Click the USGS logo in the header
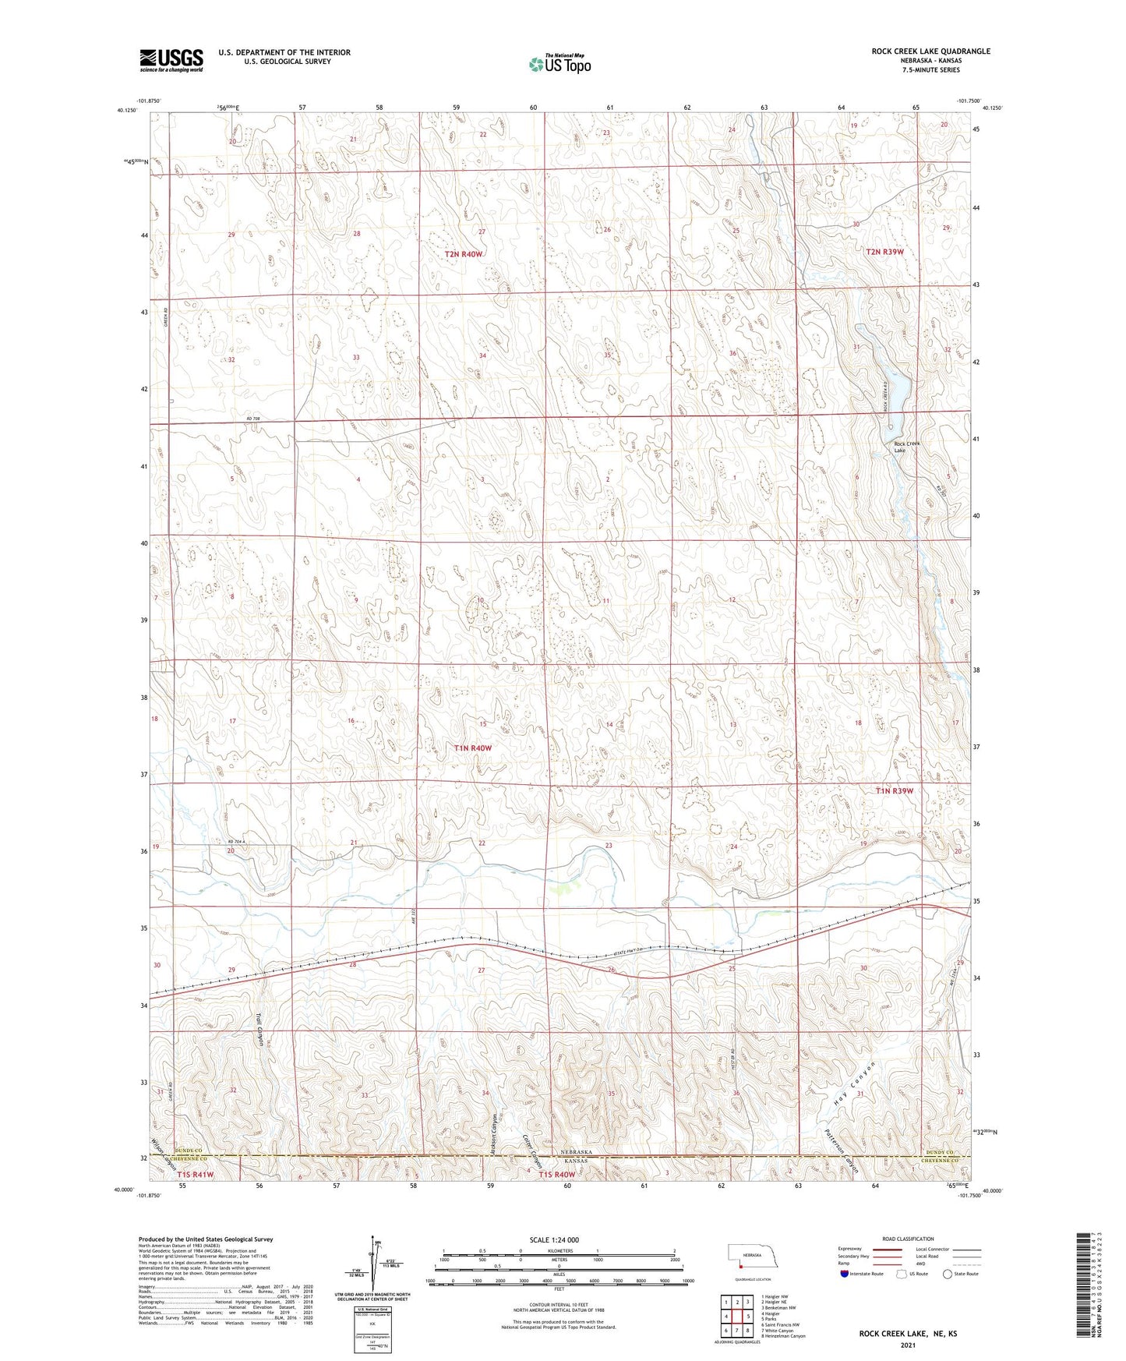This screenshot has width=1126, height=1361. click(x=171, y=60)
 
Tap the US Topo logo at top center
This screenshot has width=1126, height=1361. click(x=559, y=64)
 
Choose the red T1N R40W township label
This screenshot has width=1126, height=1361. click(x=473, y=748)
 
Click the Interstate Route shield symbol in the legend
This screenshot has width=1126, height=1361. click(x=845, y=1274)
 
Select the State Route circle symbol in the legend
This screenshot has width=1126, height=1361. click(x=947, y=1274)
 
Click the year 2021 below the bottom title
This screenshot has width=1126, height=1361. click(x=908, y=1345)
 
